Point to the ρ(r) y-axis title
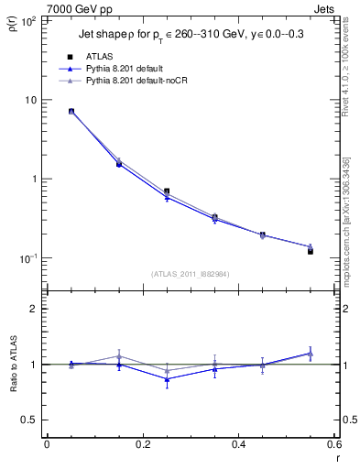pos(12,23)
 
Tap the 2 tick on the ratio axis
pos(31,309)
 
